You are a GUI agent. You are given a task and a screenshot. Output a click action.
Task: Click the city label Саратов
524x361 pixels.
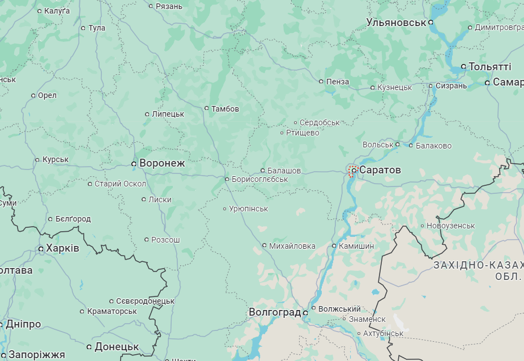tap(380, 170)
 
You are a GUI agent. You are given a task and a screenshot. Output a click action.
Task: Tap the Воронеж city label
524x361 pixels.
tap(162, 163)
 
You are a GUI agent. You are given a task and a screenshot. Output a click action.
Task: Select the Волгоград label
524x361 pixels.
tap(275, 312)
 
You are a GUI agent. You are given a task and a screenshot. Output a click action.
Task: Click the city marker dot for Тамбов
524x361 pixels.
tap(207, 108)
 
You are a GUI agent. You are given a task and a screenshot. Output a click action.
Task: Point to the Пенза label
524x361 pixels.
tap(338, 82)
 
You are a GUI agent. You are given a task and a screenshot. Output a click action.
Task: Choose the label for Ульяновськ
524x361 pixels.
tap(396, 23)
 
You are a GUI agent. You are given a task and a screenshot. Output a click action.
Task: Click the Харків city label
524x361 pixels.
tap(62, 248)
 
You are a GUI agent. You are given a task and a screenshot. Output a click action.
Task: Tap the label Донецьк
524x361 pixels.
tap(117, 346)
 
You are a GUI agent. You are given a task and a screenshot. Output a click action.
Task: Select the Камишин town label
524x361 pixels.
tap(356, 246)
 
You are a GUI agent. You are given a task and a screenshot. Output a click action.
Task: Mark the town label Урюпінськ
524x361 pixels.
tap(249, 209)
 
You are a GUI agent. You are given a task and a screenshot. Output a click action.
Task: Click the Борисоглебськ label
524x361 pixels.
tap(259, 179)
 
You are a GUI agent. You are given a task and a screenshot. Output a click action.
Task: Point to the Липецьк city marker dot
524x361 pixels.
tap(147, 114)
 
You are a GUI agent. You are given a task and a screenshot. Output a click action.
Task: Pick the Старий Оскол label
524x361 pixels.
tap(120, 184)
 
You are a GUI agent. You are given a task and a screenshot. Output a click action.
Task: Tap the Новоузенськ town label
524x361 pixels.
tap(451, 226)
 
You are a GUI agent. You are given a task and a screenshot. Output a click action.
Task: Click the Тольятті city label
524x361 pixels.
tap(490, 66)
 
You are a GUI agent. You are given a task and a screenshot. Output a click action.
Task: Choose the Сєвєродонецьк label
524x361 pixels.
tap(145, 301)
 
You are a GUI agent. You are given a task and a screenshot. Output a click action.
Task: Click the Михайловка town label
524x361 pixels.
tap(292, 245)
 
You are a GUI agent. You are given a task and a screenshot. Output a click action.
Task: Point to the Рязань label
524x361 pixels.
tap(169, 6)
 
